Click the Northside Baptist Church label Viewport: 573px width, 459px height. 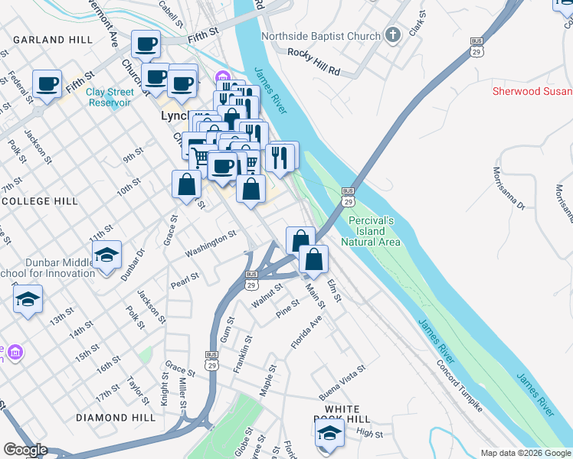[320, 36]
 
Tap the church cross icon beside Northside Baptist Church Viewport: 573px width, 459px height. [393, 35]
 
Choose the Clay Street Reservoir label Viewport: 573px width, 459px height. [110, 98]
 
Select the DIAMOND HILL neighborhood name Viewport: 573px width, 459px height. [110, 418]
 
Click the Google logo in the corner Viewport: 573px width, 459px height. [25, 450]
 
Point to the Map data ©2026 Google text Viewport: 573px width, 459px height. [526, 453]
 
